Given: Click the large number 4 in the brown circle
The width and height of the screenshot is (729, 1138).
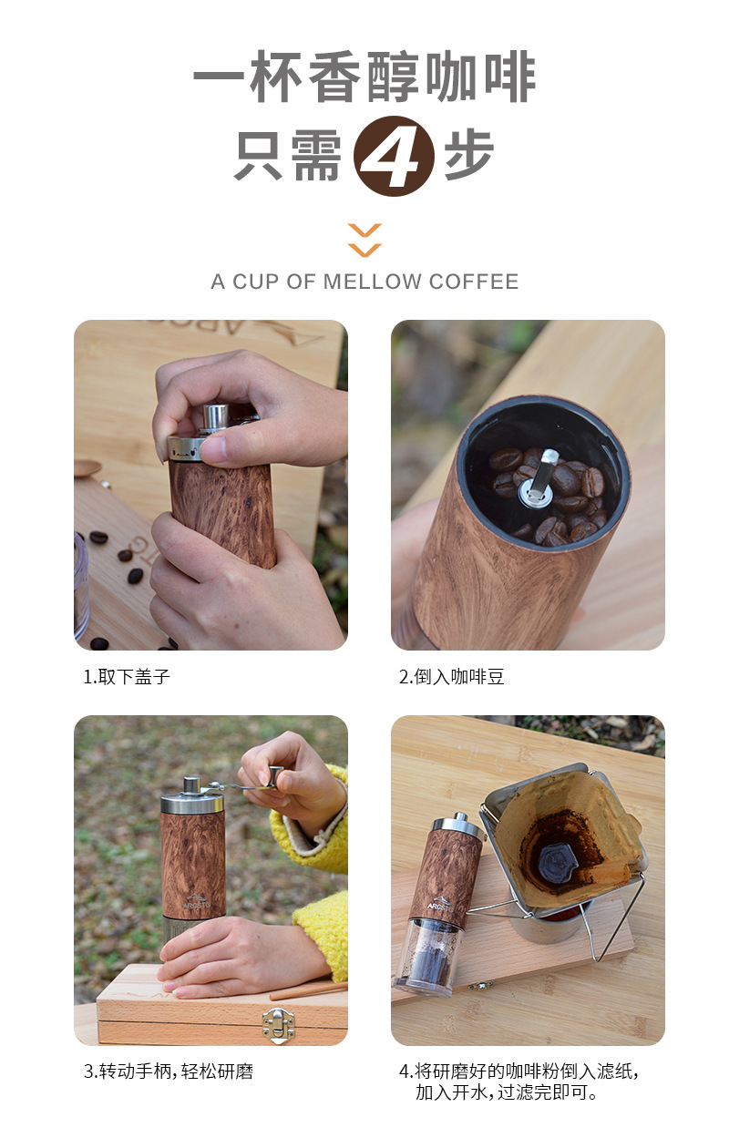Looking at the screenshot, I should click(x=394, y=157).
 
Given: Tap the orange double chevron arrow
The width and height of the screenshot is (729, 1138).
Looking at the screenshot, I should click(x=364, y=240).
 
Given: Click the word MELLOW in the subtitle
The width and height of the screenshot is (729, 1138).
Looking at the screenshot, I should click(x=371, y=282).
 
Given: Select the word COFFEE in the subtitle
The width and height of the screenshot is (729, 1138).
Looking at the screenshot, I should click(x=474, y=282).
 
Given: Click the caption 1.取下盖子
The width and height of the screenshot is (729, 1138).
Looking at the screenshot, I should click(x=127, y=677).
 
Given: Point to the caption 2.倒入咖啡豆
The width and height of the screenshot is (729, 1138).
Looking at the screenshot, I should click(x=451, y=677).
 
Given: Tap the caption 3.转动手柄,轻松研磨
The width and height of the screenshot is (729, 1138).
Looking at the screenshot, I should click(x=168, y=1071).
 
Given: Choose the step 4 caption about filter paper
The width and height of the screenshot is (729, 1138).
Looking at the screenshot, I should click(x=518, y=1082).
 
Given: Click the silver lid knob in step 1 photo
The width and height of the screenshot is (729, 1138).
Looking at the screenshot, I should click(x=215, y=417).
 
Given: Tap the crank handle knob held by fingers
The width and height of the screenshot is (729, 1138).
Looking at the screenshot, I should click(x=274, y=776).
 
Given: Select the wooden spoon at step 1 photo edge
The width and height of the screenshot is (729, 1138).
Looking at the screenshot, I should click(x=87, y=468).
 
